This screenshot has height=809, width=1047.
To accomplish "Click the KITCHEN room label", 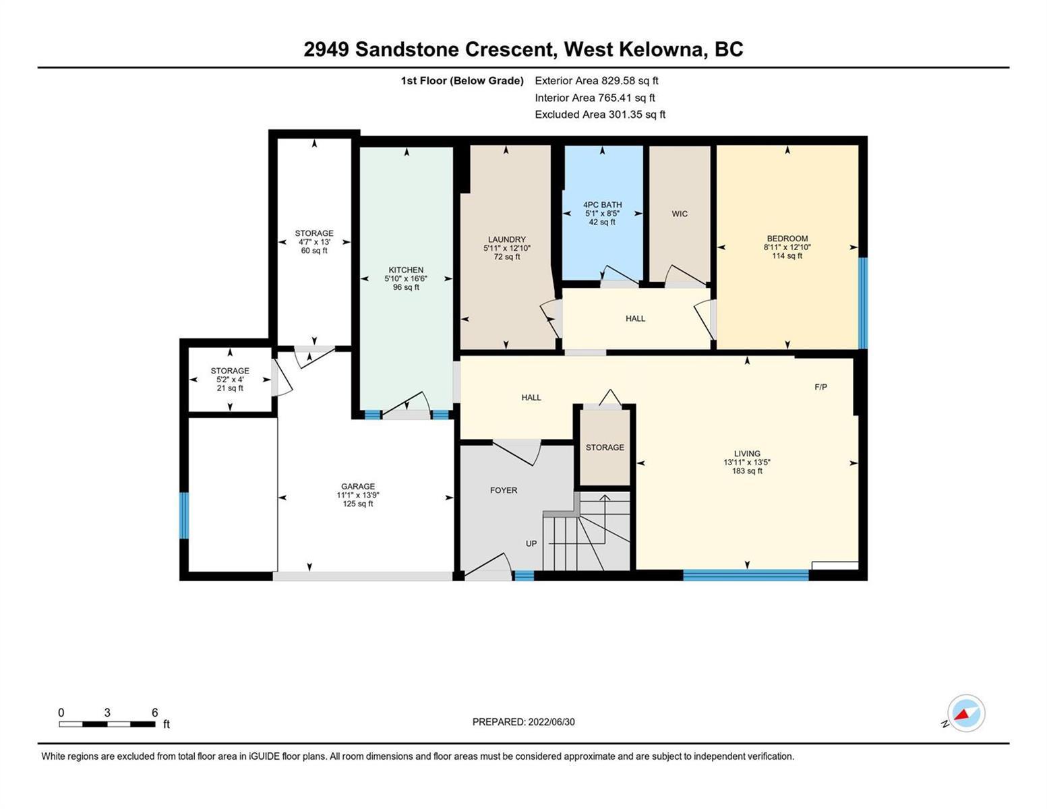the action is coord(406,270).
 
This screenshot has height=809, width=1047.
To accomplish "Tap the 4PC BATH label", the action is coord(602,205).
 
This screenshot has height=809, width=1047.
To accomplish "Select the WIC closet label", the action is coord(680,214).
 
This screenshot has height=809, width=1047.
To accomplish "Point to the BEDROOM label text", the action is coord(787,239).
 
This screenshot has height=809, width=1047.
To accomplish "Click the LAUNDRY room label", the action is coord(507,239).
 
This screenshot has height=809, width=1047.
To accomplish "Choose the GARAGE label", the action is coord(358,487).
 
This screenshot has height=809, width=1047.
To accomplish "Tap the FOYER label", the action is coord(504,491).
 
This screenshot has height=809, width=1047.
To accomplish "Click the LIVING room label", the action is coord(747,454).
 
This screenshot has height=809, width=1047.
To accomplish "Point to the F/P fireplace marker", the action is coord(820,387).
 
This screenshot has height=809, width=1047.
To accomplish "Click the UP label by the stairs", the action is coord(531,543).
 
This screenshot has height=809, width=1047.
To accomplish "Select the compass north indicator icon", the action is coord(965,713).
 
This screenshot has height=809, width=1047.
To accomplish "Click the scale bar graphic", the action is coord(107,724).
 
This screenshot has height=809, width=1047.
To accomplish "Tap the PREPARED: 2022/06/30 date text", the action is coord(523,722).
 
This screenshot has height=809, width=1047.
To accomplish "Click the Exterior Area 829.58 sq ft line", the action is coord(597,80).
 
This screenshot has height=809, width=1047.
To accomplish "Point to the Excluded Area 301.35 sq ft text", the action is coord(600,114).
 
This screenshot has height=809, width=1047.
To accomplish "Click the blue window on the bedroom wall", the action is coord(864,303).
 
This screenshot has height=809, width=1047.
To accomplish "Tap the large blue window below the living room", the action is coord(746,575).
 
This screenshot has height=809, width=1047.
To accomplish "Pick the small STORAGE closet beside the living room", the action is coord(605,447).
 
